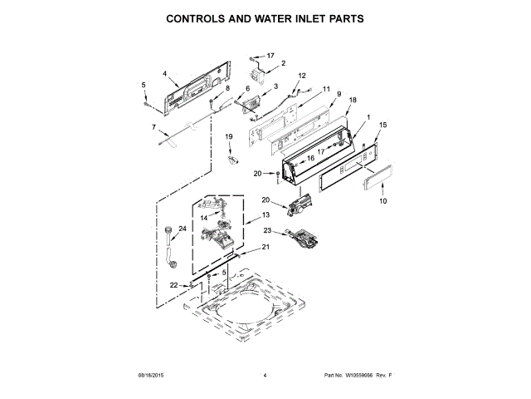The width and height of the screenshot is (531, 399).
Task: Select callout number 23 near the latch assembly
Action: (x=267, y=230)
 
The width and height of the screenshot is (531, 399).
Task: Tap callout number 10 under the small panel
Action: (x=382, y=201)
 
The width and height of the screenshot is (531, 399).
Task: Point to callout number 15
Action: (x=382, y=125)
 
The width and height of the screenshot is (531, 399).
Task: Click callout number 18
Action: (x=353, y=100)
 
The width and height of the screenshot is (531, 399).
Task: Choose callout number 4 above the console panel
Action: (x=164, y=73)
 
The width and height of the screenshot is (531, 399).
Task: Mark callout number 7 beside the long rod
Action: (x=153, y=127)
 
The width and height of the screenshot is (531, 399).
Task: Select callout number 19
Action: (x=228, y=136)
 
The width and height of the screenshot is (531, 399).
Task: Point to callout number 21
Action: (x=266, y=247)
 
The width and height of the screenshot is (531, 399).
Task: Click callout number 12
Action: (x=302, y=76)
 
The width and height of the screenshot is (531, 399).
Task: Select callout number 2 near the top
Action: (x=282, y=63)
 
